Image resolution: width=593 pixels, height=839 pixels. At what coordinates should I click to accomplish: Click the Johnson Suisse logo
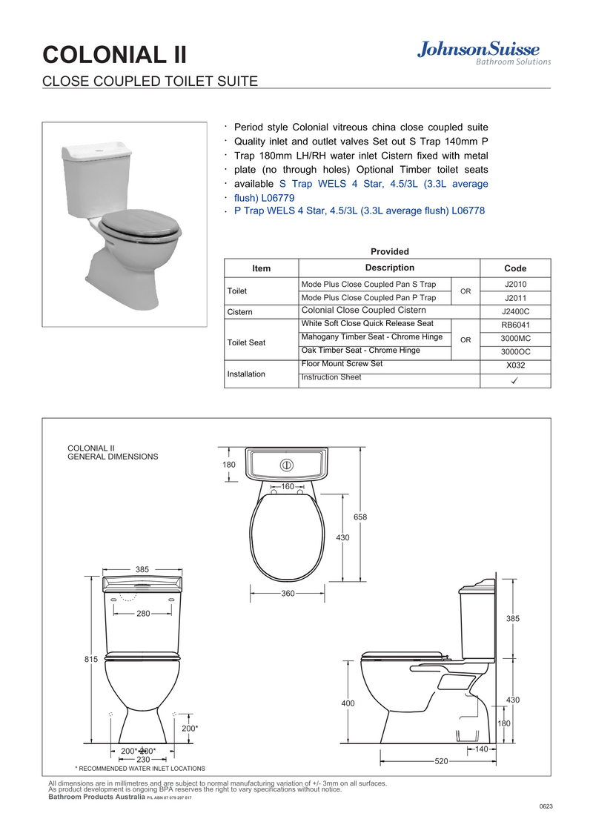click(x=484, y=53)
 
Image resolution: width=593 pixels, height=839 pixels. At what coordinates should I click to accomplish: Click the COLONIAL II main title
click(x=115, y=55)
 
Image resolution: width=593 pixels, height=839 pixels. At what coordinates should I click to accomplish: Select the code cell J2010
click(x=515, y=284)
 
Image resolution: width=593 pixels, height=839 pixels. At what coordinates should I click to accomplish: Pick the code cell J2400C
click(x=515, y=311)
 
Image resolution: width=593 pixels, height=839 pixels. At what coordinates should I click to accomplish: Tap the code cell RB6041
click(x=515, y=325)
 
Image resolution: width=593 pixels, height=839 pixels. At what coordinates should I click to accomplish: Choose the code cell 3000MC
click(x=515, y=338)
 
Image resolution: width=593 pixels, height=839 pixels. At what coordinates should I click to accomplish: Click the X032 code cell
click(x=515, y=365)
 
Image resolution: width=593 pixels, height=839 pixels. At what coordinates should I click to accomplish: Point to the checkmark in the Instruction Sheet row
click(x=514, y=380)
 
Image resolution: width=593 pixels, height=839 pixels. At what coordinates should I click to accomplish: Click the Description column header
click(x=390, y=268)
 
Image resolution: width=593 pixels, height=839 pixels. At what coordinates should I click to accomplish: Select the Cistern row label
click(x=239, y=312)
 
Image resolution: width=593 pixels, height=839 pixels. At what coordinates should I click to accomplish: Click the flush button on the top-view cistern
click(x=287, y=465)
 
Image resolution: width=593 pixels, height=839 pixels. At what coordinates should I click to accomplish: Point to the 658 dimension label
click(x=360, y=517)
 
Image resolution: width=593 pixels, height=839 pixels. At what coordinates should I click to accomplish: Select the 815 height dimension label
click(x=91, y=659)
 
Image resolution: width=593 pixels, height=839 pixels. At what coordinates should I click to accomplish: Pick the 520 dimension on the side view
click(x=441, y=761)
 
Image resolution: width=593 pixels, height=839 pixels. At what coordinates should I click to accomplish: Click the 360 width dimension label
click(x=288, y=594)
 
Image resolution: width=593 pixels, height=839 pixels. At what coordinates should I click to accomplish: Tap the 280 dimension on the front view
click(x=144, y=614)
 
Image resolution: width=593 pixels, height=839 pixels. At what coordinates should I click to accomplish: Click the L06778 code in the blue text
click(x=468, y=210)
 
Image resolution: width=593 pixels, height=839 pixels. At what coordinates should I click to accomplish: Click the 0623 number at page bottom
click(x=546, y=806)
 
